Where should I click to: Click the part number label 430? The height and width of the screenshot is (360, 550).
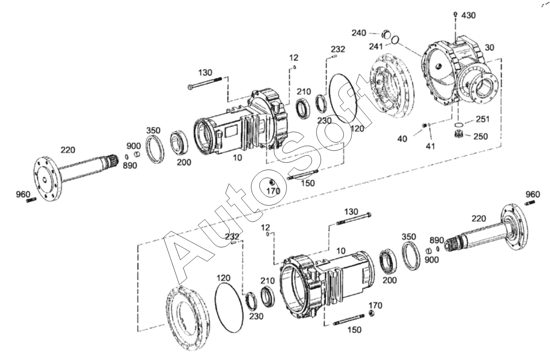(468, 15)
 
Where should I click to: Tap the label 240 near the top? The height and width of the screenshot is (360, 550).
(359, 33)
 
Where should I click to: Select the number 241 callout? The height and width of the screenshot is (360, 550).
(376, 46)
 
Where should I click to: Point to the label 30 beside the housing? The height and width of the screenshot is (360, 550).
(490, 48)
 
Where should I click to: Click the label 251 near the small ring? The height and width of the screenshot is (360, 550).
(483, 119)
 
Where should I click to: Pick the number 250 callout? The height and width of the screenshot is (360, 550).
(481, 136)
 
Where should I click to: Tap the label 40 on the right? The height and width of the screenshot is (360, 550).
(402, 139)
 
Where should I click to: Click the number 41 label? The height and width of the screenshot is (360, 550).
(430, 147)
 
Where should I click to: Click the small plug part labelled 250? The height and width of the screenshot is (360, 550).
(458, 134)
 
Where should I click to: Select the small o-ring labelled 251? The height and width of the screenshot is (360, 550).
(458, 124)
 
